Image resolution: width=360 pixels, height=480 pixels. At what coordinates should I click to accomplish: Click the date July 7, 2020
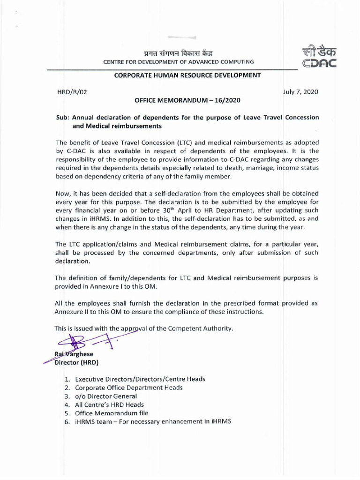pyautogui.click(x=300, y=92)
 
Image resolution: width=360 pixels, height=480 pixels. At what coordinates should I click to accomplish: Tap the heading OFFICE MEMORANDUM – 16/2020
pyautogui.click(x=188, y=100)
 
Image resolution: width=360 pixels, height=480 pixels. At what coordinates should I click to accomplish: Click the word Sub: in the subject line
pyautogui.click(x=63, y=117)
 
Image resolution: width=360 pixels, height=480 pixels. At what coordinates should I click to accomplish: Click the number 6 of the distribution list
pyautogui.click(x=67, y=421)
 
